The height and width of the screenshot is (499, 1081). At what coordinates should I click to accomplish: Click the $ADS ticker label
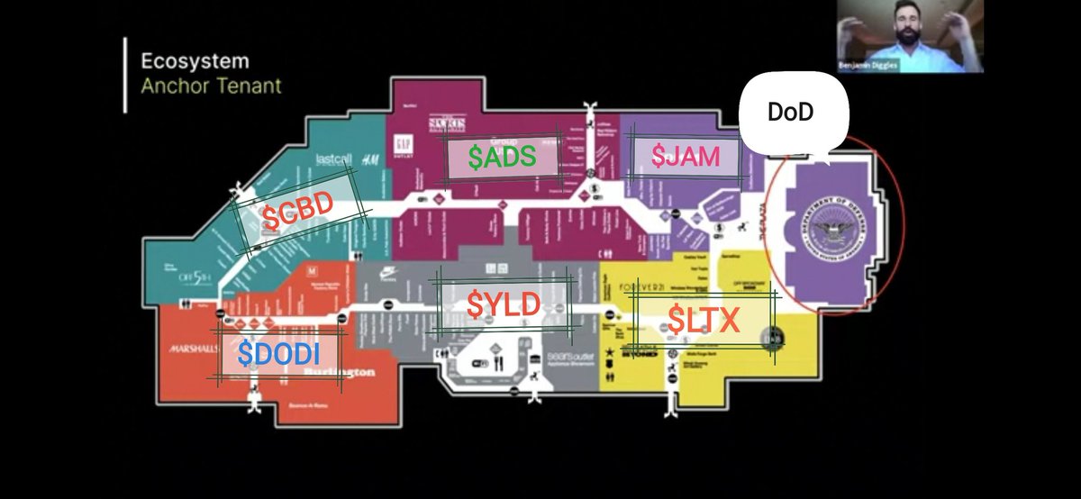click(502, 157)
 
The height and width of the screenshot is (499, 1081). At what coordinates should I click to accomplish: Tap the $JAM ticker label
click(686, 157)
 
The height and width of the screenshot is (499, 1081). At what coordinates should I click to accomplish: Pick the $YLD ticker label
click(503, 304)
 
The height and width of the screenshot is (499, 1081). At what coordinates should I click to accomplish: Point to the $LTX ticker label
click(703, 319)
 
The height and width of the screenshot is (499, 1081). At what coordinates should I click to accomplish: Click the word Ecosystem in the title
click(195, 63)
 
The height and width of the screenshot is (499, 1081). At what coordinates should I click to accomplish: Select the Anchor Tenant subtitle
click(211, 86)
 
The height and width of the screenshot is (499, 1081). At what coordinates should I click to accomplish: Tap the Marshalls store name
click(190, 348)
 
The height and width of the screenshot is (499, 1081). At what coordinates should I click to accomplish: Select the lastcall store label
click(332, 159)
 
